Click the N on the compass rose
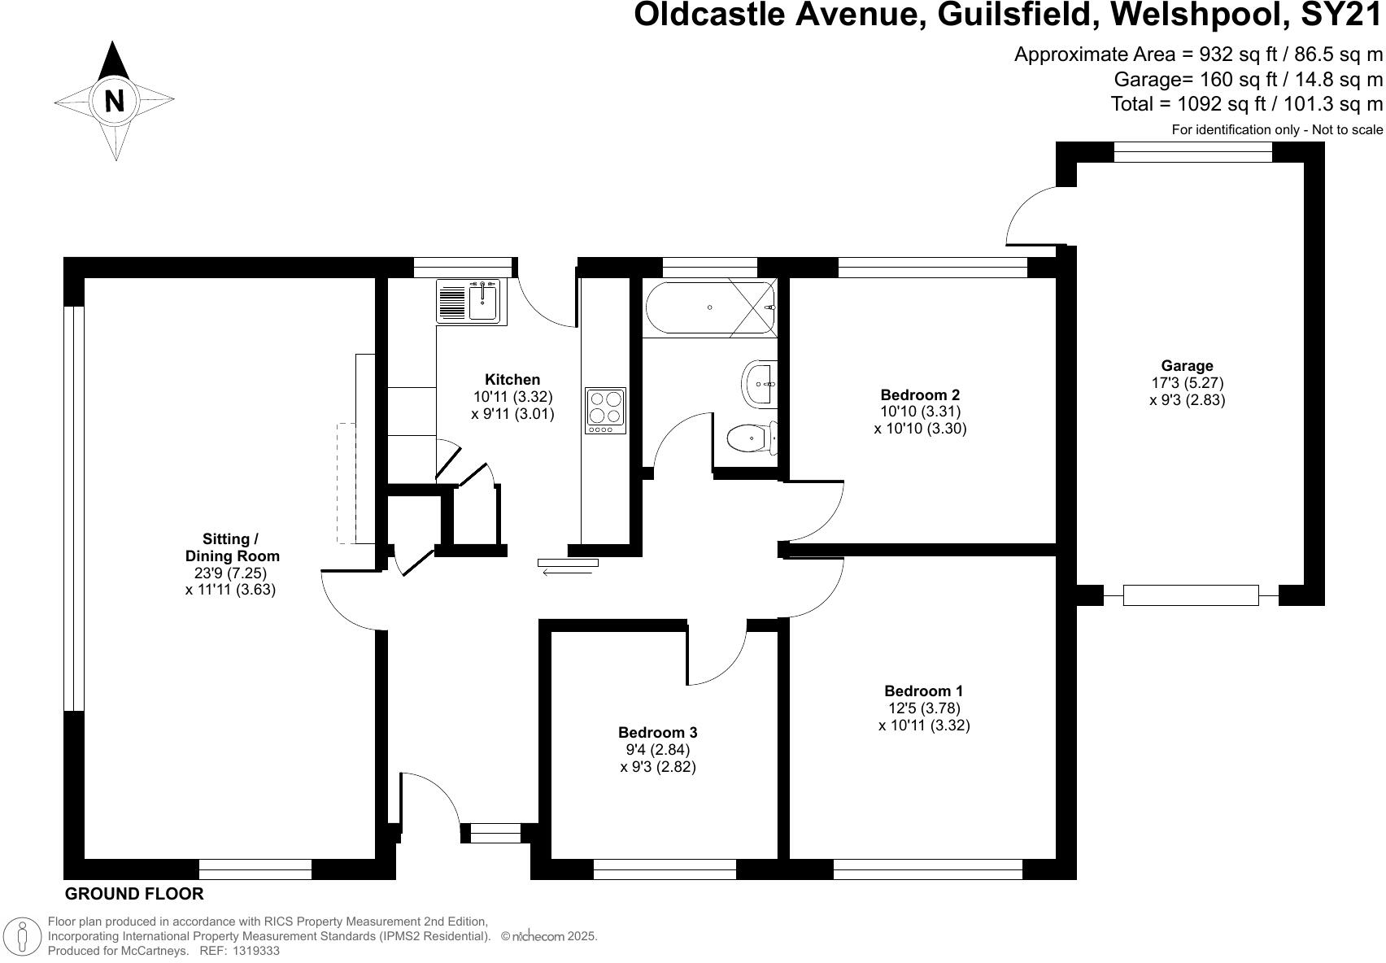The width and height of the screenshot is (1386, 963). pos(115,101)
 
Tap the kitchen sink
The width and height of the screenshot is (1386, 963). pos(471,302)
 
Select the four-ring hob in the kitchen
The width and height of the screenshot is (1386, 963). pos(605,410)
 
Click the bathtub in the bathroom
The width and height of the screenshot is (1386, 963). pos(710,307)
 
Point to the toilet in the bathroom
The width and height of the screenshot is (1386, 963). pos(748,439)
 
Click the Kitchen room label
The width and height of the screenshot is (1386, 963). pos(512,380)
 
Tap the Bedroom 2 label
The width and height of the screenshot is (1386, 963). pos(920,395)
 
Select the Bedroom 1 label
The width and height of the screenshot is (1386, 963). pos(923,691)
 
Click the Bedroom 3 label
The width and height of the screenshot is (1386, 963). pos(657,732)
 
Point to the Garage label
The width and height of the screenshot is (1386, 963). pos(1187,366)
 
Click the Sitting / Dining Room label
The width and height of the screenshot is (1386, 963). pos(232,547)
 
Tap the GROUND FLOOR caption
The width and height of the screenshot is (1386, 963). pos(134,894)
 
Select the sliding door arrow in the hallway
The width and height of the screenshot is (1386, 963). pos(567,573)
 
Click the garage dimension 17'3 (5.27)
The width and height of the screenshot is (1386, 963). pos(1187,383)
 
